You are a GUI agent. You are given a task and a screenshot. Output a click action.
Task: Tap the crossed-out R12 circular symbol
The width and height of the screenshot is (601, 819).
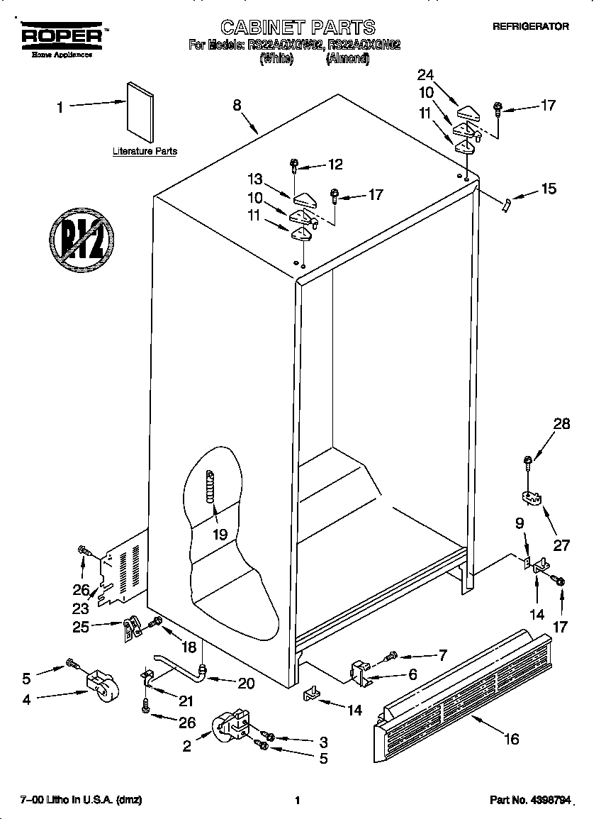tap(82, 240)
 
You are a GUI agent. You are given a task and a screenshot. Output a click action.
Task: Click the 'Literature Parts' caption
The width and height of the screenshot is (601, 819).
tap(145, 151)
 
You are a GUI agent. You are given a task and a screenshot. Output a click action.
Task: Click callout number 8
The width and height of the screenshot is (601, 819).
tap(237, 105)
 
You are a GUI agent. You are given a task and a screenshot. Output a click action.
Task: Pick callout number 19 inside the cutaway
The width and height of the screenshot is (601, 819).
tap(220, 535)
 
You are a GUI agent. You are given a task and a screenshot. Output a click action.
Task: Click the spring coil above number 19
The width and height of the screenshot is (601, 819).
tap(210, 488)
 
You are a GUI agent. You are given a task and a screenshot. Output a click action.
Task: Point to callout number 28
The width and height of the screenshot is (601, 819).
tap(561, 424)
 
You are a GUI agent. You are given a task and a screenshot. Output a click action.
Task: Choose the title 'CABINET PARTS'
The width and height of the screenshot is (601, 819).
tap(298, 28)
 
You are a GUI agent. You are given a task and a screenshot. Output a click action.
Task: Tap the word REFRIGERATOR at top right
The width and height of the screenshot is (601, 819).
tap(531, 26)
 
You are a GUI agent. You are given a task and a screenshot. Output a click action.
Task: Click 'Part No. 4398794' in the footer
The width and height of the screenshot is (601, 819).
tap(530, 800)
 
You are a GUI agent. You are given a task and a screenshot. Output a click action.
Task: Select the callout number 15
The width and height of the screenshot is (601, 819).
tap(548, 189)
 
